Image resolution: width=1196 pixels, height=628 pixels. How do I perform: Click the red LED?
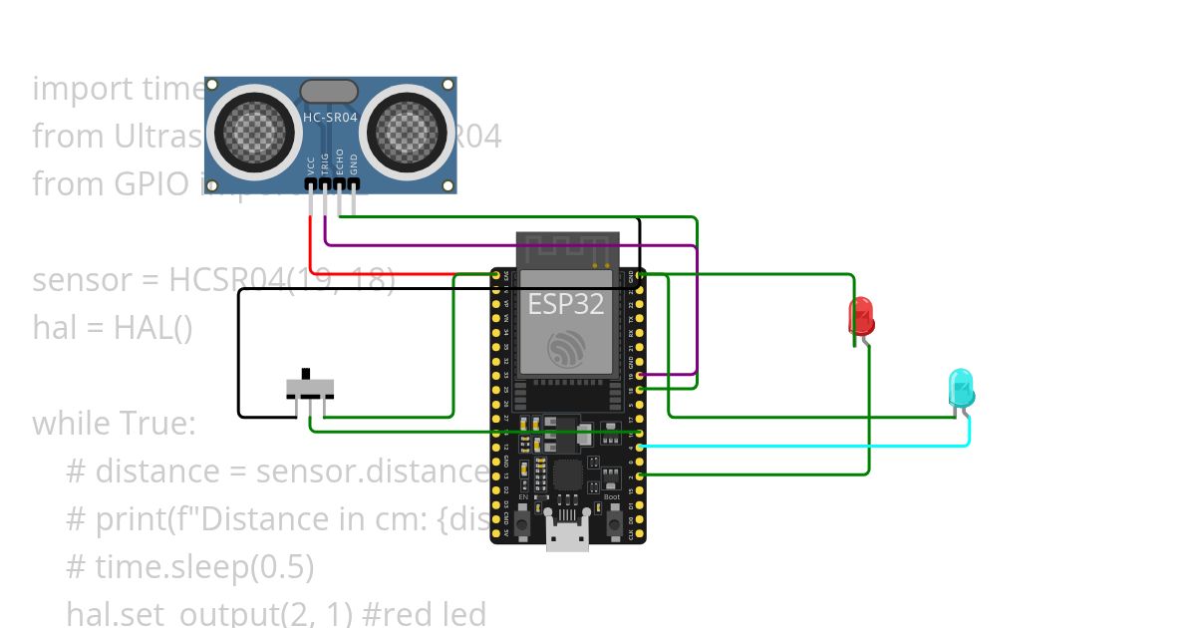(861, 316)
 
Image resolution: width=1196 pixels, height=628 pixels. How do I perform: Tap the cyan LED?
(961, 387)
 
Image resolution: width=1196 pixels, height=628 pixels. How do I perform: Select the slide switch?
(310, 386)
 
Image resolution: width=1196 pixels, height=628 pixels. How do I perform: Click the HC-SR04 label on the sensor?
(329, 117)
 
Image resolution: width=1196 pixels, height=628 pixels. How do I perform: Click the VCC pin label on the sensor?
(311, 164)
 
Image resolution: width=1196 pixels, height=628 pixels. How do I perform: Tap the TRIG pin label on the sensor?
(325, 164)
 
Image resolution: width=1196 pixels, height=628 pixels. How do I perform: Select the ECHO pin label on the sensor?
(339, 162)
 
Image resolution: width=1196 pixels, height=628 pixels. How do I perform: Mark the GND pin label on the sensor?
(353, 164)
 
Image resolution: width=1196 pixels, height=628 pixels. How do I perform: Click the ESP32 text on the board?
(566, 304)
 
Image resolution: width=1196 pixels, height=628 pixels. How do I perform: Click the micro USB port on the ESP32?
(567, 538)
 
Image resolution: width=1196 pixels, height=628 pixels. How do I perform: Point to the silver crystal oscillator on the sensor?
(329, 92)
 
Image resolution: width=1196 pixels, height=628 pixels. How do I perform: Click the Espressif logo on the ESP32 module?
(566, 349)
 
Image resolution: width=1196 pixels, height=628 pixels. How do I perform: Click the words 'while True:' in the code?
(114, 423)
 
